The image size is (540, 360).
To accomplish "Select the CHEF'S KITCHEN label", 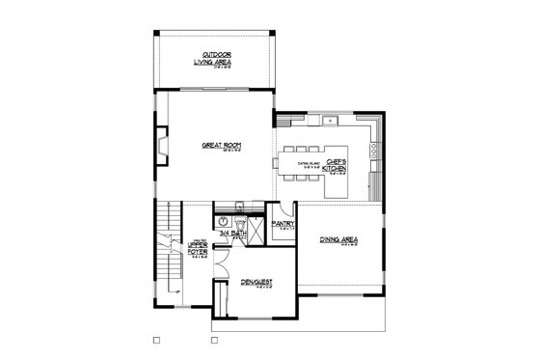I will (x=335, y=165).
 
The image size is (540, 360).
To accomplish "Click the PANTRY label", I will (x=283, y=224).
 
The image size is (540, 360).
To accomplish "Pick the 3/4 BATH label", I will (x=232, y=234).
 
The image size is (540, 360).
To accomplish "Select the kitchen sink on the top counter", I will (x=331, y=121).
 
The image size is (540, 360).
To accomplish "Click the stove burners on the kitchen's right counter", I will (x=374, y=150).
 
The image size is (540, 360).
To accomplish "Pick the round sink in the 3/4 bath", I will (x=237, y=207).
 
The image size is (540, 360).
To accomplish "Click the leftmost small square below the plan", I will (x=156, y=340).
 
